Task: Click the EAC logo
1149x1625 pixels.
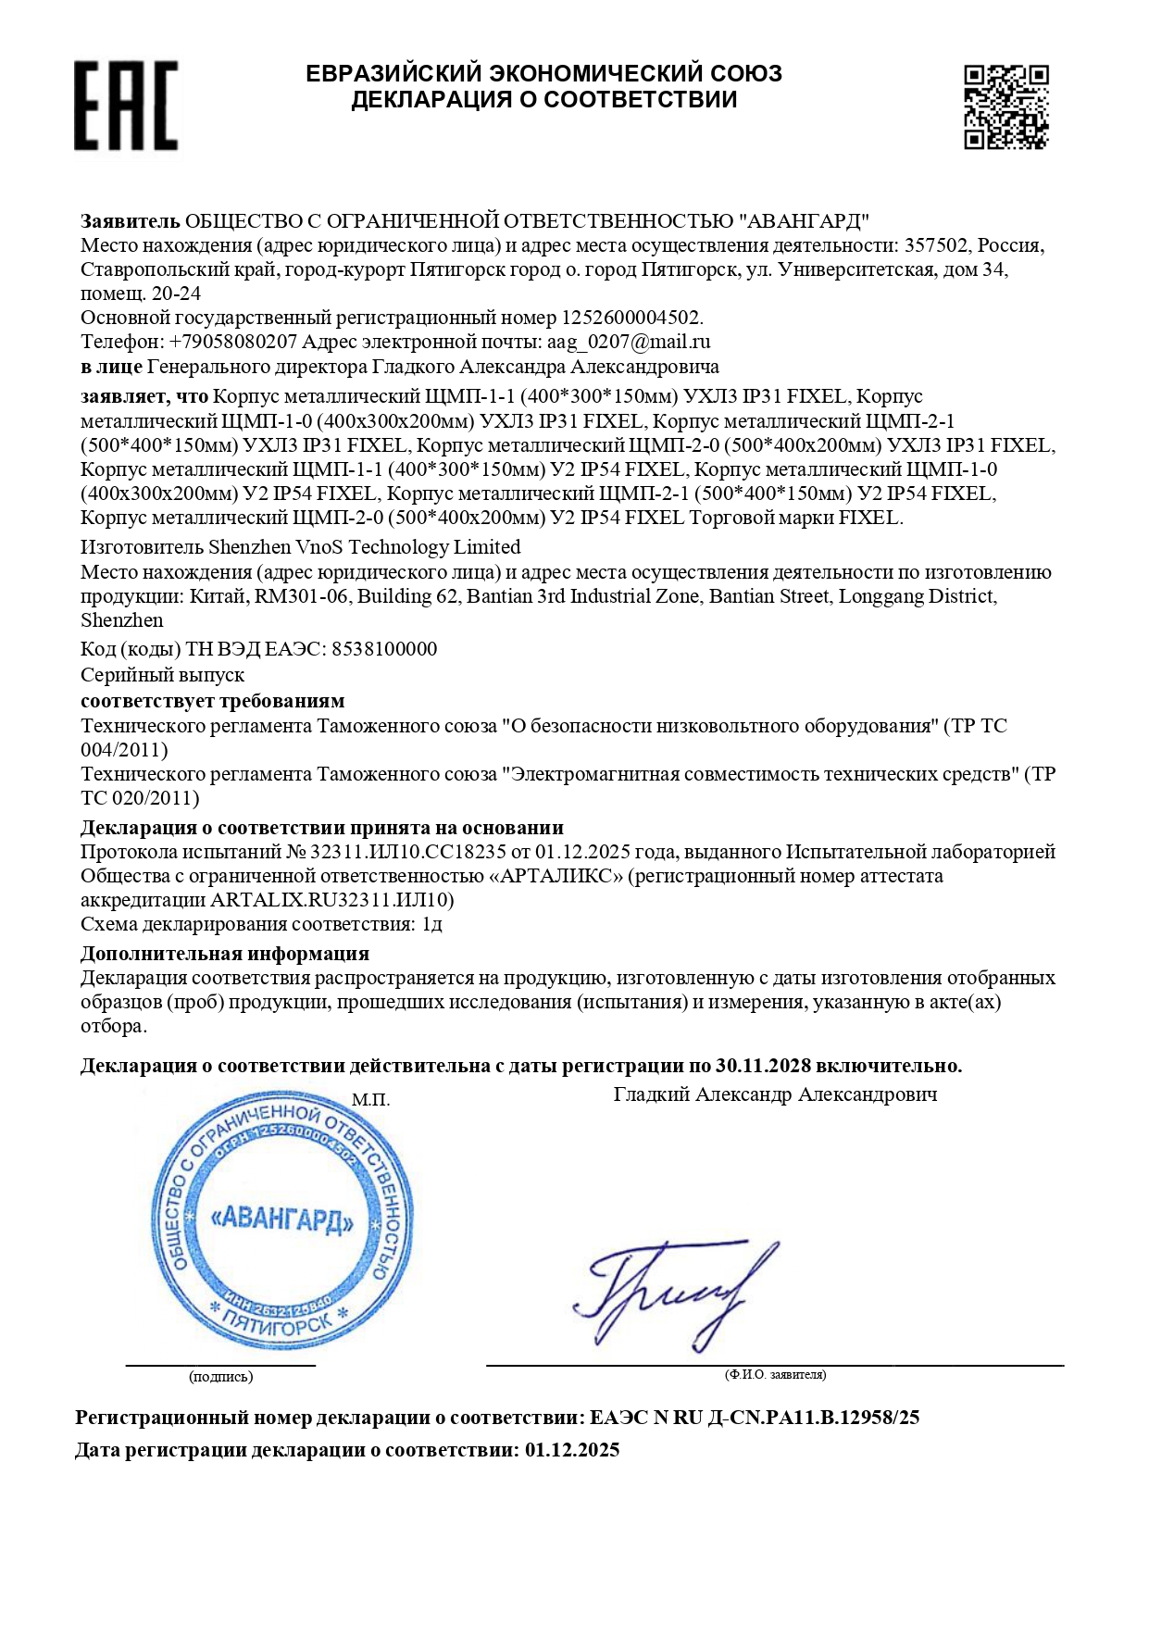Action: pyautogui.click(x=126, y=106)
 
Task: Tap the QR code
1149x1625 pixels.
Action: pyautogui.click(x=1005, y=106)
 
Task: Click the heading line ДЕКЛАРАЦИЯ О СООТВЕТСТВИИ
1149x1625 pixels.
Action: pyautogui.click(x=543, y=100)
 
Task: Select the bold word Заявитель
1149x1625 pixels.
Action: pyautogui.click(x=130, y=221)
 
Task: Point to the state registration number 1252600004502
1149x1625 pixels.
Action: pyautogui.click(x=631, y=318)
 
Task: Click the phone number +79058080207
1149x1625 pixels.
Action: pyautogui.click(x=233, y=342)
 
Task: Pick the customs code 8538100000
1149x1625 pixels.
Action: pyautogui.click(x=384, y=649)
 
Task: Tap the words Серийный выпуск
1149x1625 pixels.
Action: pyautogui.click(x=162, y=675)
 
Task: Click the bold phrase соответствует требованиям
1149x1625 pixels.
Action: pyautogui.click(x=212, y=701)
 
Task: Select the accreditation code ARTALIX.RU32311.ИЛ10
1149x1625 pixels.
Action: pyautogui.click(x=331, y=900)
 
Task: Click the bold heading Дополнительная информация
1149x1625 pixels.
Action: pyautogui.click(x=225, y=954)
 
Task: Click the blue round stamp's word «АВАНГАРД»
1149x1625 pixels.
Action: pyautogui.click(x=282, y=1220)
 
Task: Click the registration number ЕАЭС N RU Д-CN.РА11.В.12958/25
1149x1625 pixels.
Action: pyautogui.click(x=755, y=1418)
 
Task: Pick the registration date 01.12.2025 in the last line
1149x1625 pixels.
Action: pyautogui.click(x=572, y=1450)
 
